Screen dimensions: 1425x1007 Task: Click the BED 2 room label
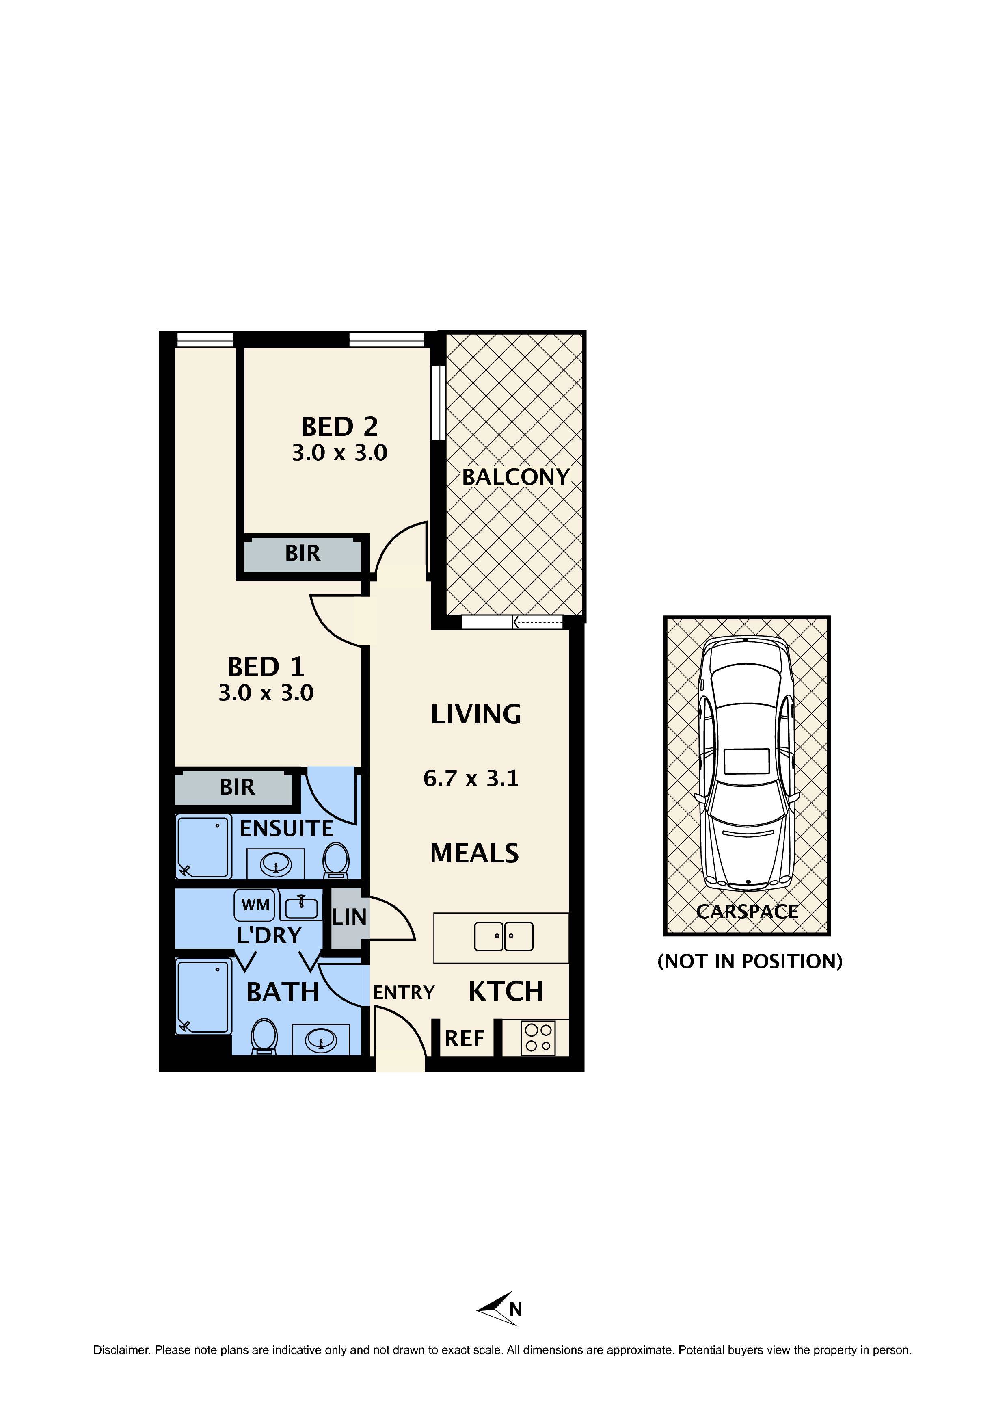coord(339,427)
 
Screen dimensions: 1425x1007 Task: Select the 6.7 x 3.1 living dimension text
coord(471,778)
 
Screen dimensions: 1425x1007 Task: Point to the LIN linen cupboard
coord(349,917)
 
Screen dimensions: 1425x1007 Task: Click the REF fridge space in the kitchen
coord(464,1038)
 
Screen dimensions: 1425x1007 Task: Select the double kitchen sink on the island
coord(503,937)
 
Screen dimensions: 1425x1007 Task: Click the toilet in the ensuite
coord(336,860)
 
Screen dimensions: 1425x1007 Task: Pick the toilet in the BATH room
coord(264,1036)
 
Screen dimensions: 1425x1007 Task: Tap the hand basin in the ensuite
coord(275,863)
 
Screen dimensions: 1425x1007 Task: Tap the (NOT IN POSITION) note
coord(750,962)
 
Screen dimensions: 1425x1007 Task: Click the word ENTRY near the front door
coord(403,992)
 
